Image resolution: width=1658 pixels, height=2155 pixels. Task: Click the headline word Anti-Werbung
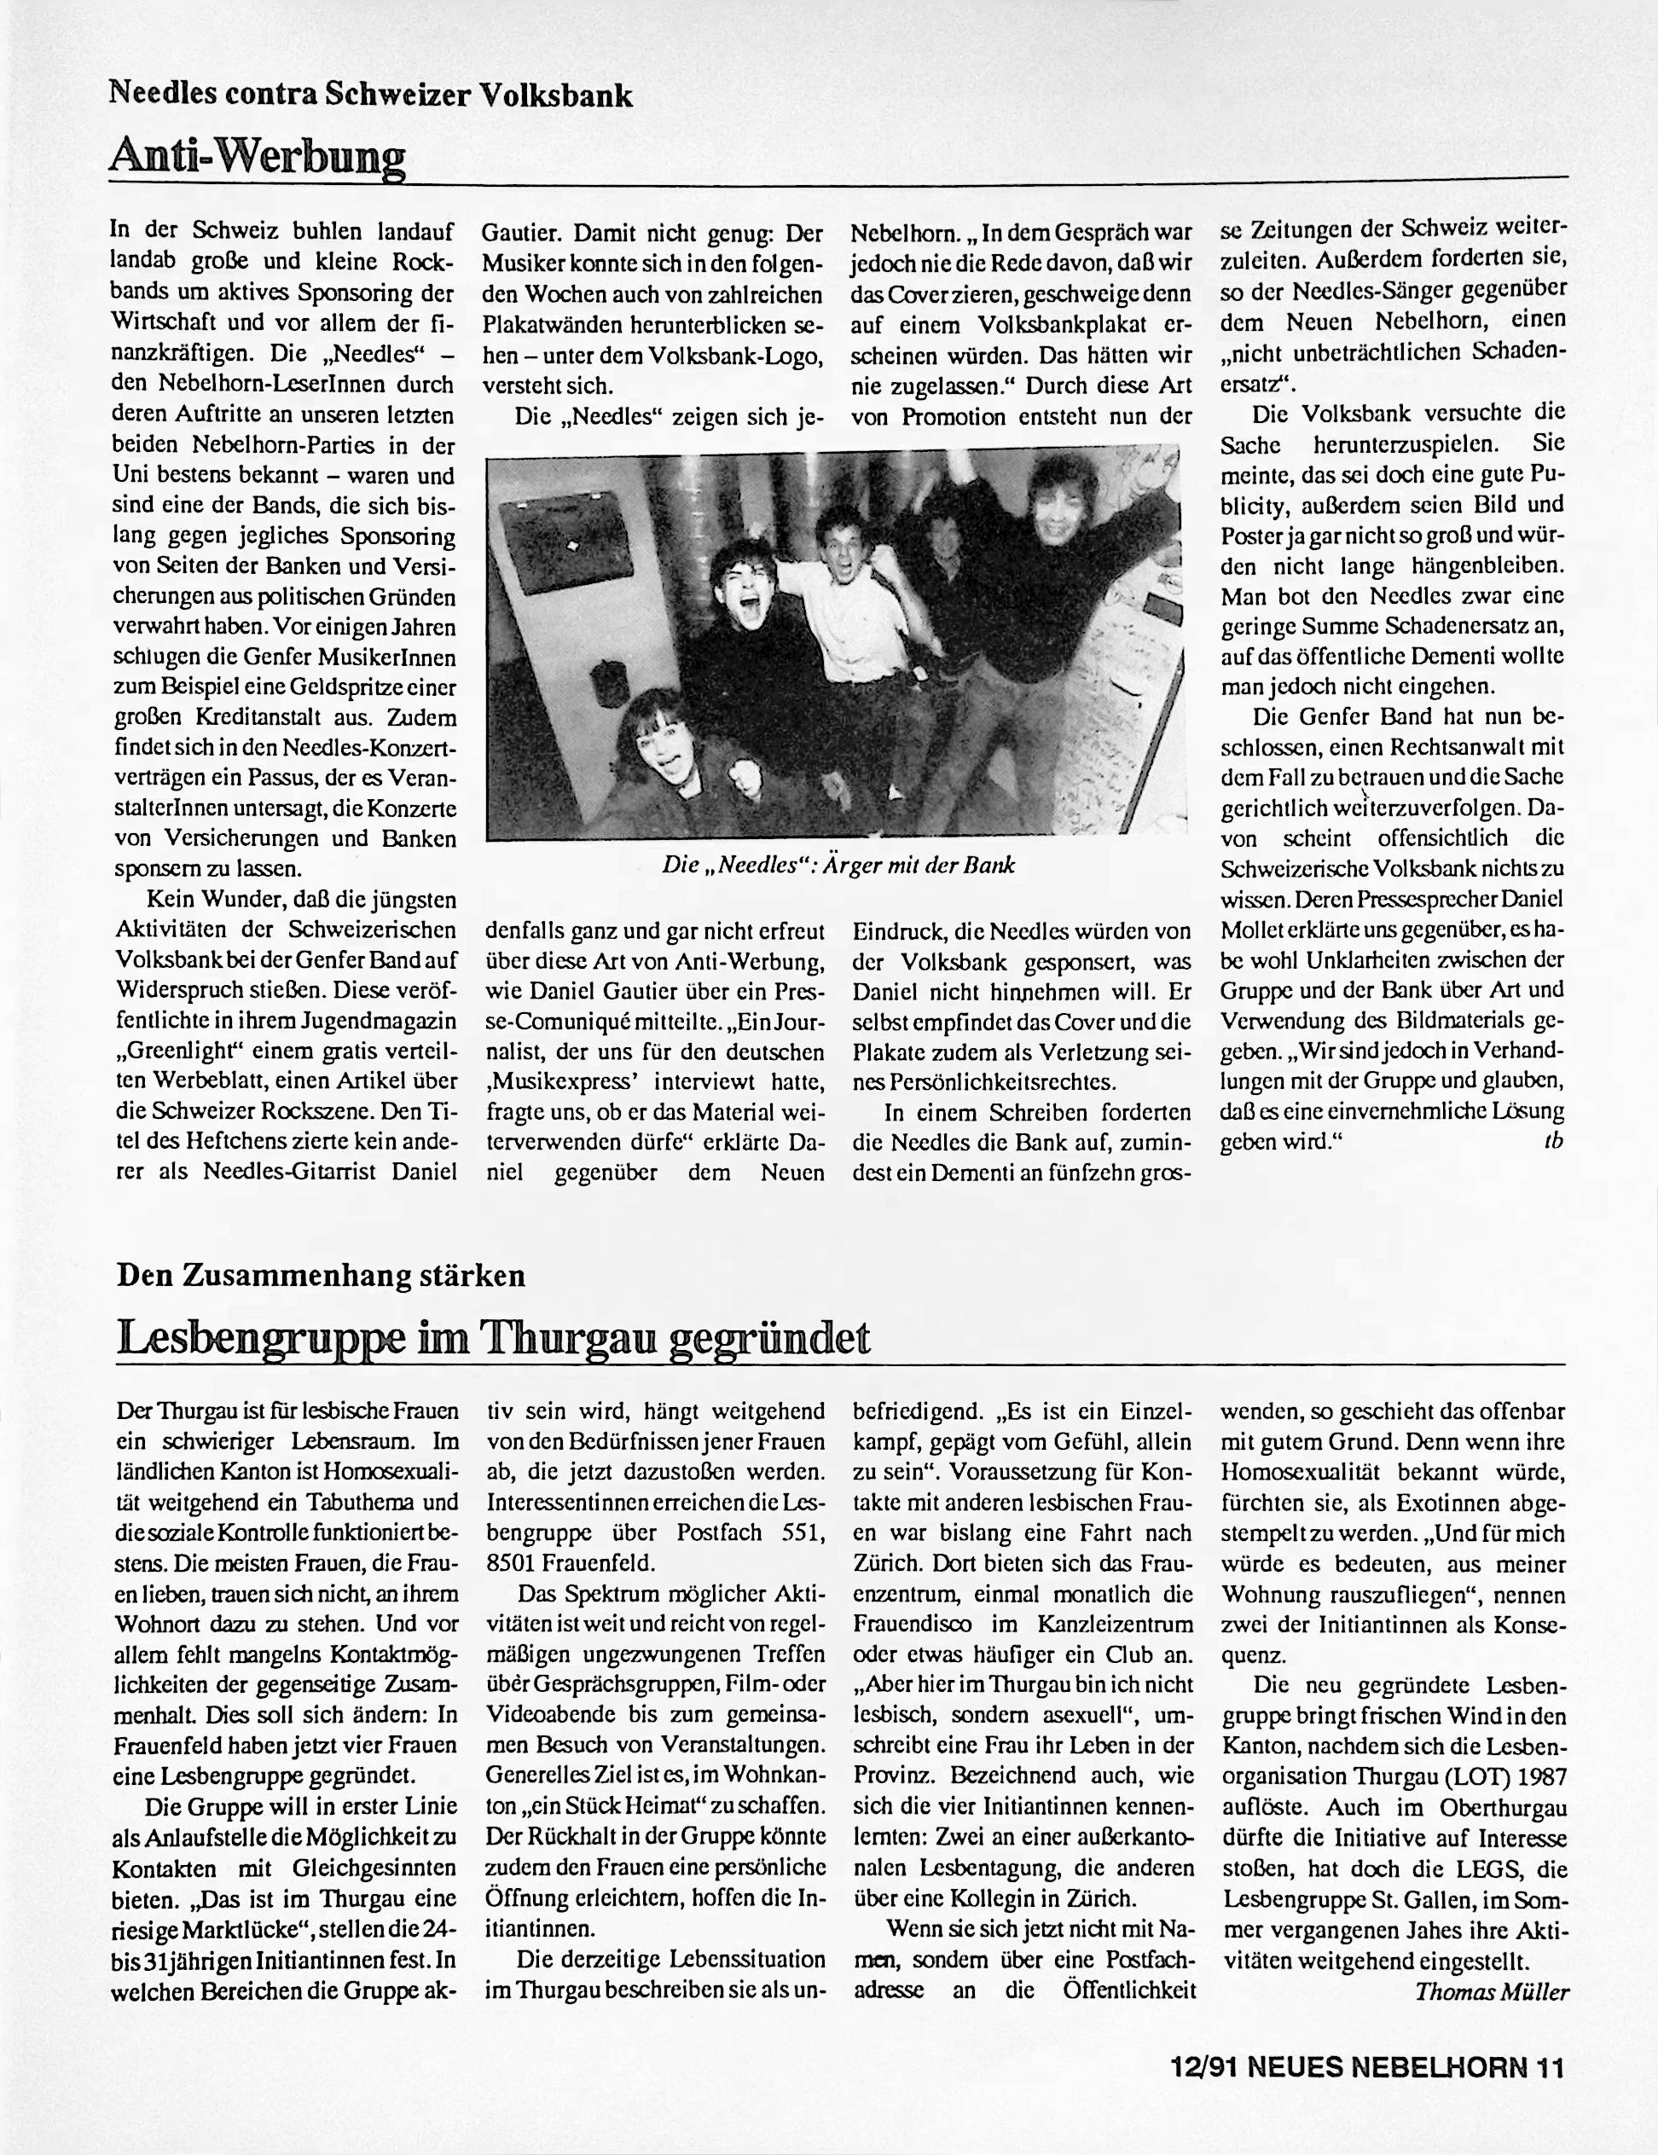point(258,155)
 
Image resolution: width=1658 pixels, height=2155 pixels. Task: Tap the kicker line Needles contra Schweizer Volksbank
point(370,94)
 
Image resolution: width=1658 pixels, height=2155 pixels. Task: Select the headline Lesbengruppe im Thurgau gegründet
point(494,1337)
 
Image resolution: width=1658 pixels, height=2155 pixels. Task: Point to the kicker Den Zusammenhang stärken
point(321,1275)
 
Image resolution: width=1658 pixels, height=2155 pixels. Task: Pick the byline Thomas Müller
point(1491,1991)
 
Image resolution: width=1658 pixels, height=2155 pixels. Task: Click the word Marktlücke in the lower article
point(227,1929)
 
